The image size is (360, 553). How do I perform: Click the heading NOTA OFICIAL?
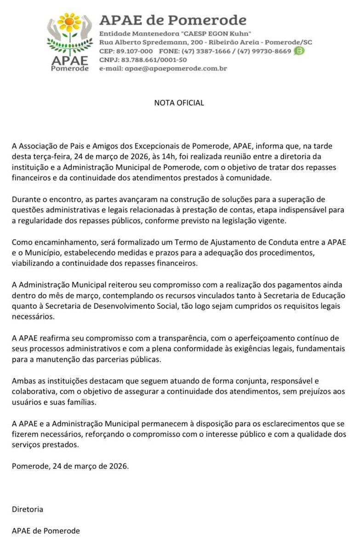(179, 103)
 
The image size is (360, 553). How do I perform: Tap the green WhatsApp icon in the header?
(299, 51)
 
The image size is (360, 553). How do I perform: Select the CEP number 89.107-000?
(135, 51)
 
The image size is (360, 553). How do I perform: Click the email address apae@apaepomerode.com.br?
(175, 68)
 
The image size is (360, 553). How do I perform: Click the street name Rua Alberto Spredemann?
(145, 42)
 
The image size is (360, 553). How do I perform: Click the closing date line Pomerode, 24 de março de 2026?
(70, 466)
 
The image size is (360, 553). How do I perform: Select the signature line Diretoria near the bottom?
(28, 509)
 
